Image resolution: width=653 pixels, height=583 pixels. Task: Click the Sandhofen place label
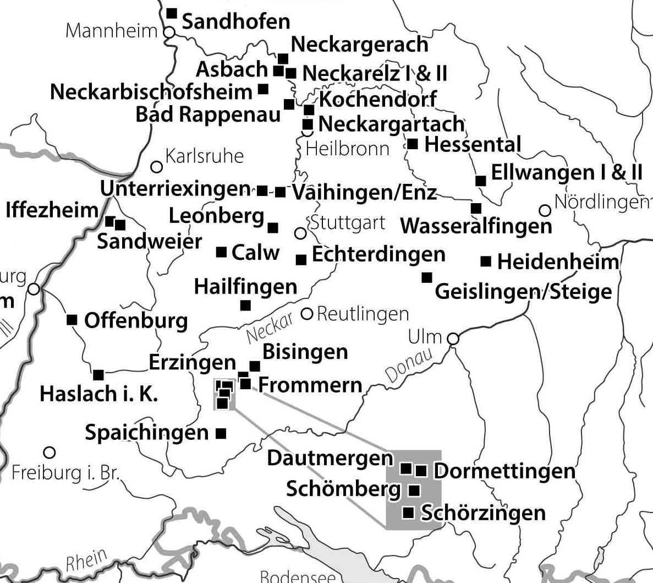(x=235, y=21)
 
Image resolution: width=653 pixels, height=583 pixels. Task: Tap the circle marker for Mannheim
(x=169, y=32)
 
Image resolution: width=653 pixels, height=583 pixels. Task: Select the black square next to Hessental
(x=413, y=145)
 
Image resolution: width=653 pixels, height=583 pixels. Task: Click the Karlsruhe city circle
(x=157, y=166)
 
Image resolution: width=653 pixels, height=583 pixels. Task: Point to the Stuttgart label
(x=348, y=223)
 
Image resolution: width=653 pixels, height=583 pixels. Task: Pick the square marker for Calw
(x=221, y=252)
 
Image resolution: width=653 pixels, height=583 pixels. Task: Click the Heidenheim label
(x=558, y=261)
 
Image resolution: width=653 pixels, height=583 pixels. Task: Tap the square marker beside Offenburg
(x=72, y=320)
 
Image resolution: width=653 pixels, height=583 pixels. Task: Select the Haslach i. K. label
(x=99, y=394)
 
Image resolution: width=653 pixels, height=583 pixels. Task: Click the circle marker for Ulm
(x=453, y=339)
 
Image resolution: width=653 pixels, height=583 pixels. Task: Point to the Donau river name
(x=408, y=366)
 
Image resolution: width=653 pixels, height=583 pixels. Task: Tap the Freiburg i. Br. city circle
(x=50, y=453)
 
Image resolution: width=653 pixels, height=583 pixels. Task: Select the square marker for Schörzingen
(x=409, y=513)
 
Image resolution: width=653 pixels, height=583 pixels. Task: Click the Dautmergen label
(x=330, y=458)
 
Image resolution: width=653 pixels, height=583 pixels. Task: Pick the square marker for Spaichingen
(x=221, y=433)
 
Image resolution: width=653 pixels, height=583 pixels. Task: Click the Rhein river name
(x=86, y=560)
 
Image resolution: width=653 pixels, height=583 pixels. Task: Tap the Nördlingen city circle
(x=545, y=210)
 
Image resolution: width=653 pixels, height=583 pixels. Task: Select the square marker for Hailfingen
(x=245, y=305)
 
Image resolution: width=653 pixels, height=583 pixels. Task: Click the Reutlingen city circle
(x=307, y=314)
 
